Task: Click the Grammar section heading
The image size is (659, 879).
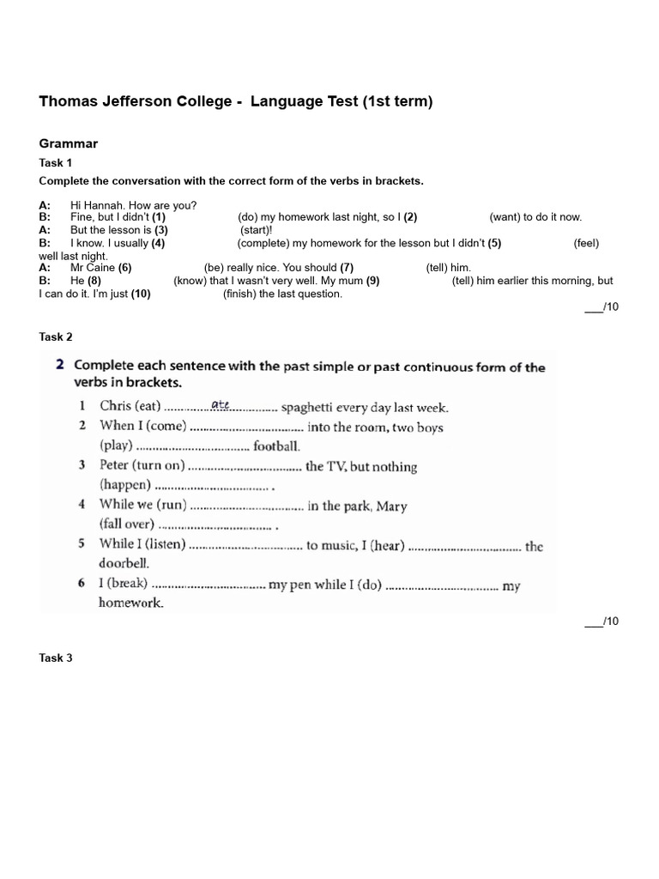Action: (x=69, y=143)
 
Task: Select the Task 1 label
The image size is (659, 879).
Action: (x=56, y=162)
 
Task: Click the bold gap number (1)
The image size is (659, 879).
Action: (x=159, y=218)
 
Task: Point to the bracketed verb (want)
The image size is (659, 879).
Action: (x=505, y=218)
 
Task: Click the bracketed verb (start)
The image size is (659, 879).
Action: (x=256, y=230)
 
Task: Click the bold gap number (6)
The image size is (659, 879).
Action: (x=125, y=268)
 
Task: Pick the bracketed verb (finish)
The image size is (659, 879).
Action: (x=241, y=294)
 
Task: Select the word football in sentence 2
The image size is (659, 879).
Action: (x=276, y=446)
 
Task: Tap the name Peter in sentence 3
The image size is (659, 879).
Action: (x=114, y=466)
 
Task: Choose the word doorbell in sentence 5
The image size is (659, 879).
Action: (x=124, y=564)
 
